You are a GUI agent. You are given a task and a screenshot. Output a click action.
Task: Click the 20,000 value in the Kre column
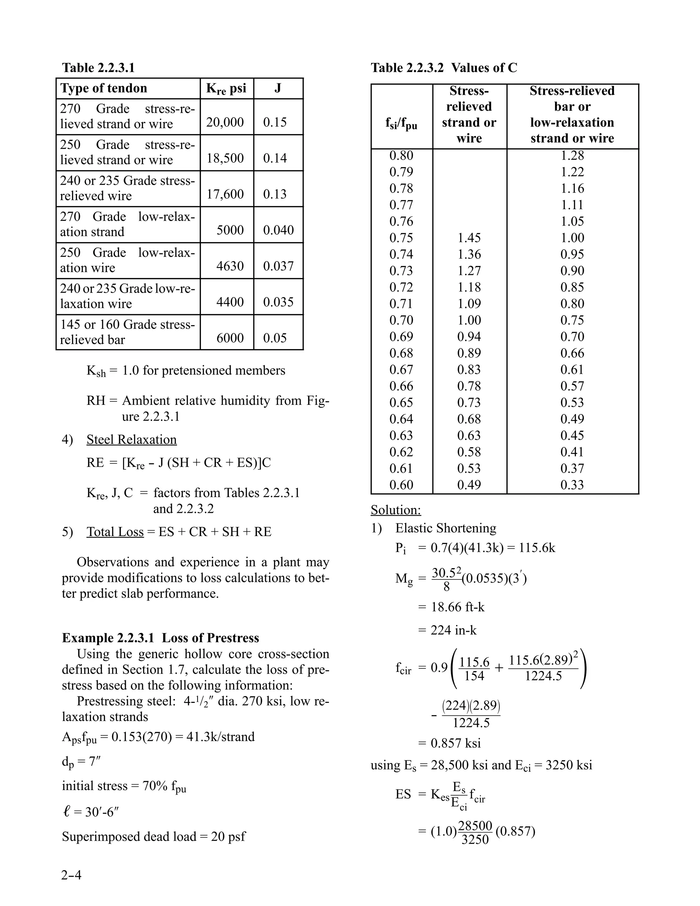pyautogui.click(x=225, y=122)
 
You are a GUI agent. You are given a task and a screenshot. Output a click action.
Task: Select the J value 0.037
pyautogui.click(x=278, y=266)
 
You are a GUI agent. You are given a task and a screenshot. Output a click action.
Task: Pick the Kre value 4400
pyautogui.click(x=230, y=302)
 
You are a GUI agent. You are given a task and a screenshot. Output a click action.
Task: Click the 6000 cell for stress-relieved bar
pyautogui.click(x=230, y=338)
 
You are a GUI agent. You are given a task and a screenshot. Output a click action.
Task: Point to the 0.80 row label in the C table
pyautogui.click(x=401, y=156)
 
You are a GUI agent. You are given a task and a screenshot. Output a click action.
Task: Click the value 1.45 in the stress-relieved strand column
pyautogui.click(x=469, y=238)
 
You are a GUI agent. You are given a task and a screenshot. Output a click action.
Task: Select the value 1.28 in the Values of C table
pyautogui.click(x=572, y=156)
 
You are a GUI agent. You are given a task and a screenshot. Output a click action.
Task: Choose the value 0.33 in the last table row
pyautogui.click(x=572, y=484)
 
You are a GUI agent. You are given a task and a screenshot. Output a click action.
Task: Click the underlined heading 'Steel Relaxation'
pyautogui.click(x=132, y=440)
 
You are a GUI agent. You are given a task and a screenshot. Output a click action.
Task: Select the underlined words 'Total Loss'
pyautogui.click(x=115, y=532)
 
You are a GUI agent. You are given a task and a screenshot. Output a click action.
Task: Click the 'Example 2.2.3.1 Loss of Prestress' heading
pyautogui.click(x=161, y=638)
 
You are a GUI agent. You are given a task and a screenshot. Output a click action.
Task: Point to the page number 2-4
pyautogui.click(x=71, y=875)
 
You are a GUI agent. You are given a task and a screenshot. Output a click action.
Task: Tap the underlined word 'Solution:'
pyautogui.click(x=395, y=510)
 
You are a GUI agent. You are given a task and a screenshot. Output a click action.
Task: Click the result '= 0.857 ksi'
pyautogui.click(x=449, y=743)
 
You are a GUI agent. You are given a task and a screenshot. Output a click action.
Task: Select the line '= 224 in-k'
pyautogui.click(x=447, y=630)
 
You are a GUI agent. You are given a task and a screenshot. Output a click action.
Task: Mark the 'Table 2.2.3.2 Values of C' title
pyautogui.click(x=444, y=68)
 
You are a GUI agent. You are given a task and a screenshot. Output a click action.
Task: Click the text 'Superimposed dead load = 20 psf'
pyautogui.click(x=153, y=837)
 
